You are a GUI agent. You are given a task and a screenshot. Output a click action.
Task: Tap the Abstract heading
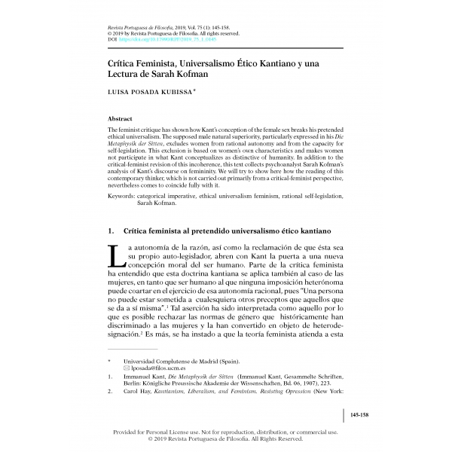click(121, 119)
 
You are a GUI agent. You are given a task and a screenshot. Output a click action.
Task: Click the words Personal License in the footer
click(165, 433)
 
